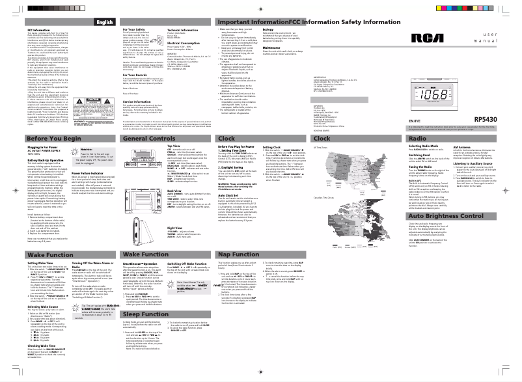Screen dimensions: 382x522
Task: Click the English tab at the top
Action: tap(100, 22)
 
